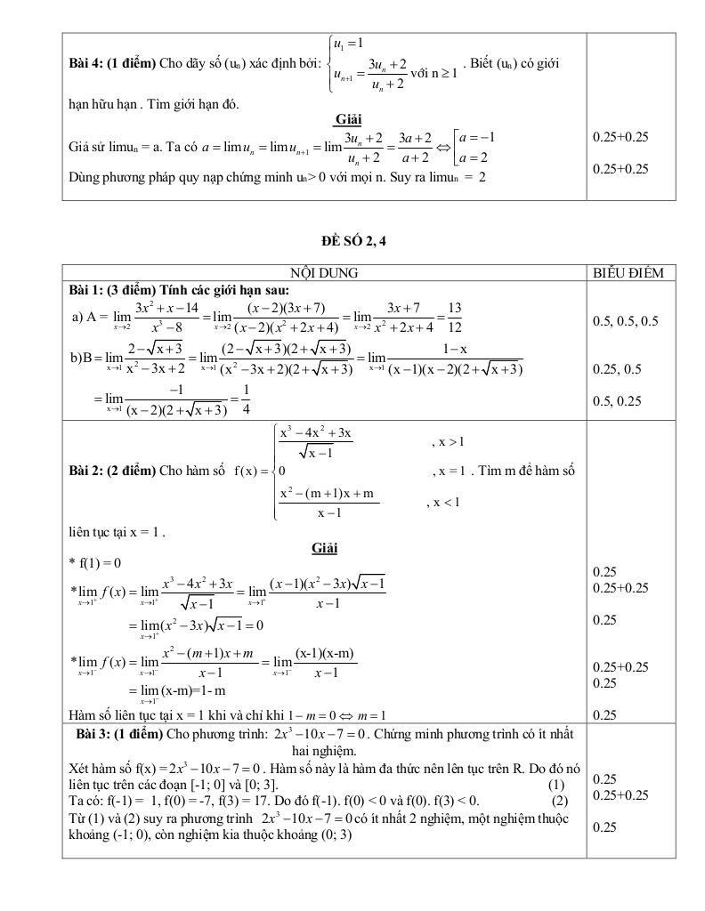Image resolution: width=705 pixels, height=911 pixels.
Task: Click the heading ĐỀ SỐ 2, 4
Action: click(x=354, y=240)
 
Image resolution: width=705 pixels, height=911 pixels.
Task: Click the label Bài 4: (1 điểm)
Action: click(x=112, y=64)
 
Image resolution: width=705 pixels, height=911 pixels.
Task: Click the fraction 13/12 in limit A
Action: click(x=454, y=315)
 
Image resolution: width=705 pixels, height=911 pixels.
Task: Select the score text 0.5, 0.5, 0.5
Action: click(x=625, y=321)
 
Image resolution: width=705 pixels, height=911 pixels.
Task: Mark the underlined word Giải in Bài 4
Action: click(x=348, y=119)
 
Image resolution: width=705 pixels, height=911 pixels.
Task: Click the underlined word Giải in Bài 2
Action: click(x=324, y=548)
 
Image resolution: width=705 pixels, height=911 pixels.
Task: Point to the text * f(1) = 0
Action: click(x=94, y=563)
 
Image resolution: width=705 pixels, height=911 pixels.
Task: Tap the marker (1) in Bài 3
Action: click(x=556, y=784)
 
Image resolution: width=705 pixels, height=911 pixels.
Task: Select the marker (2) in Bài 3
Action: click(x=560, y=800)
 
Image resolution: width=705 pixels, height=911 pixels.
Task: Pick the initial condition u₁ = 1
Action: click(x=349, y=44)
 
